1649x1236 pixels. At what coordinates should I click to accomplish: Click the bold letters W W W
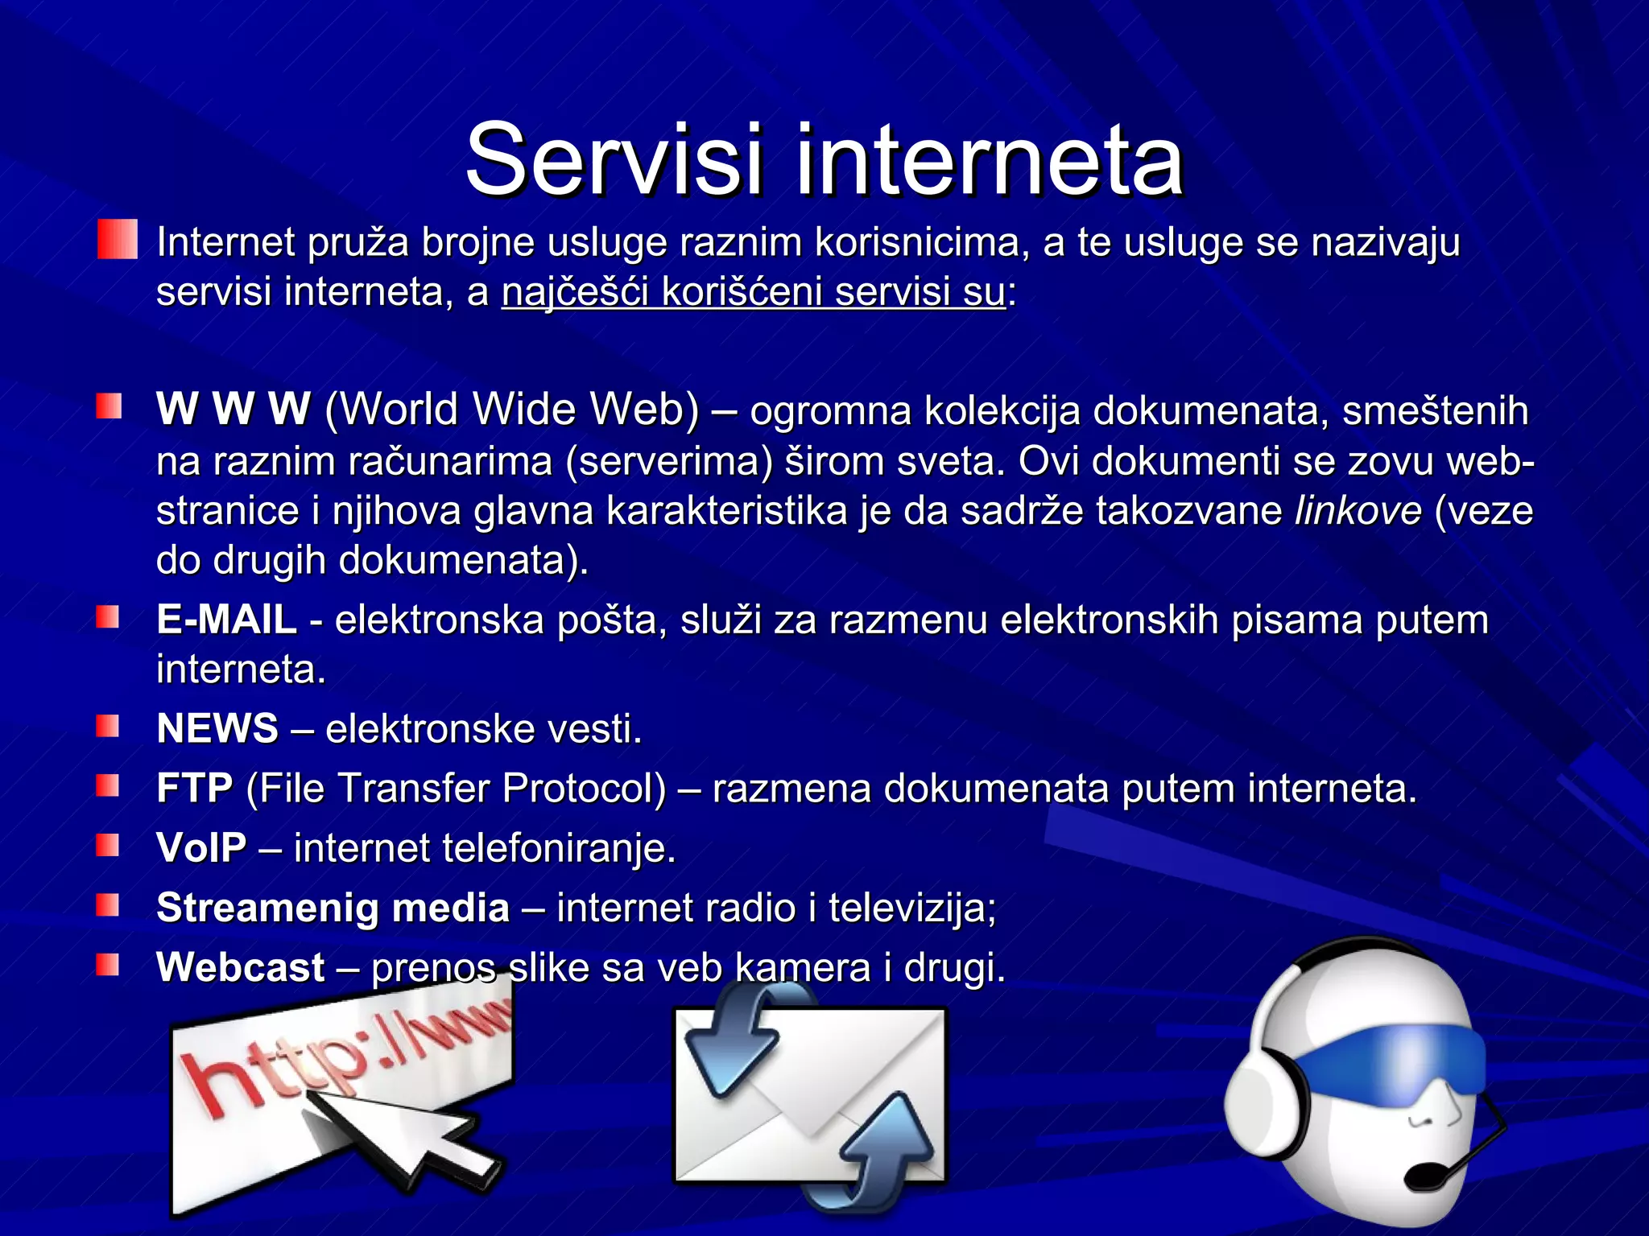tap(234, 409)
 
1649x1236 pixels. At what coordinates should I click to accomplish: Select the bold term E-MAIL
tap(227, 620)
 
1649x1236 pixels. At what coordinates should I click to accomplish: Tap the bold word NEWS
tap(217, 728)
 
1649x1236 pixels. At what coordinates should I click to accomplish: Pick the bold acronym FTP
tap(195, 788)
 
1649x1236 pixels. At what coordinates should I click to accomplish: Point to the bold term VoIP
tap(201, 847)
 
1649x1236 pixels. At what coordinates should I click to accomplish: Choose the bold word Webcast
tap(241, 967)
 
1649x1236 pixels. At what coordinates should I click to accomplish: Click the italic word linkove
tap(1358, 511)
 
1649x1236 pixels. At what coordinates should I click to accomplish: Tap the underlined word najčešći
tap(575, 291)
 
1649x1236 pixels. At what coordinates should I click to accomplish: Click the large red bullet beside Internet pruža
tap(118, 240)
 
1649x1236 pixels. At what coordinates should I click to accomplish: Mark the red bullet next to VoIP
tap(108, 846)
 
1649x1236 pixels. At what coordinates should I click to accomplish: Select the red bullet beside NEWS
tap(108, 727)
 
